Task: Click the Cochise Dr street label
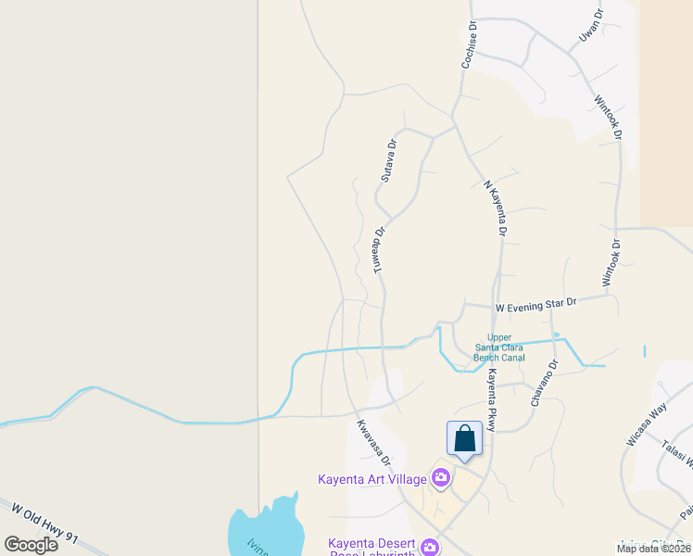point(471,45)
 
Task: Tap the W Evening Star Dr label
point(535,304)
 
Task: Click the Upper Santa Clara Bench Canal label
point(499,347)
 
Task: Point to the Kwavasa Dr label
point(371,443)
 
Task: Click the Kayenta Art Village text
point(372,479)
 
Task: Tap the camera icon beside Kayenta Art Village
point(440,478)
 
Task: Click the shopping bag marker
point(464,438)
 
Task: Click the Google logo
point(31,544)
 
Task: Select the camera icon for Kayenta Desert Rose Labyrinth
point(429,548)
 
